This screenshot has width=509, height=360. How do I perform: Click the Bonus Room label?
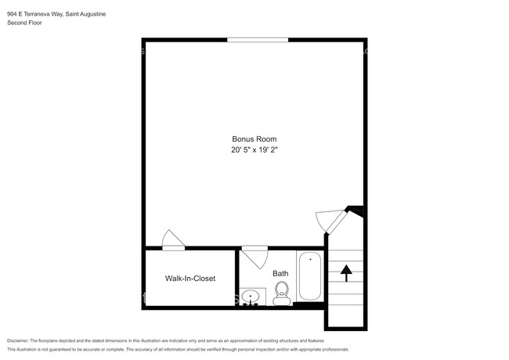(254, 139)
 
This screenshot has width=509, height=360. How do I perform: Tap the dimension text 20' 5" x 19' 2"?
(254, 149)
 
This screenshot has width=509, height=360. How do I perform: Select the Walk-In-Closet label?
(190, 278)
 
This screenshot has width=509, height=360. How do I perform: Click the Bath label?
(280, 273)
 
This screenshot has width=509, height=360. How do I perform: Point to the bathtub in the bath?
(309, 277)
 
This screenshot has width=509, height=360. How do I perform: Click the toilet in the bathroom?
(282, 293)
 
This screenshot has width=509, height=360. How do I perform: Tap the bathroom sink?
(251, 297)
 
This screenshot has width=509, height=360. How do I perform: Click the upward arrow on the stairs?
(346, 272)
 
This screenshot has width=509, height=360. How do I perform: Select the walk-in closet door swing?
(172, 240)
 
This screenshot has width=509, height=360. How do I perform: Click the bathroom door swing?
(255, 256)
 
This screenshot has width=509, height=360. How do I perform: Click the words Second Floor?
(24, 23)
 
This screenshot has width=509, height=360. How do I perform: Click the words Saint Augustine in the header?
(85, 14)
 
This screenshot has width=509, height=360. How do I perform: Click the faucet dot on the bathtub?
(309, 258)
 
